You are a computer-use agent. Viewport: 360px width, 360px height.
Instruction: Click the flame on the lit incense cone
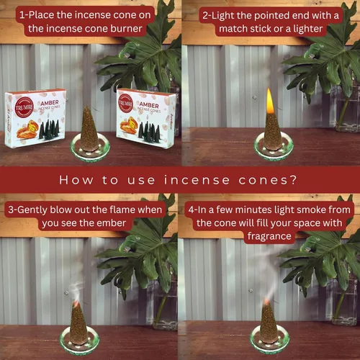click(270, 101)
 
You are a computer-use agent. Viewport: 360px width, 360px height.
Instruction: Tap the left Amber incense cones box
click(35, 118)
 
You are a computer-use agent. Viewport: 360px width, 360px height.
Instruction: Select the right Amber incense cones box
click(146, 118)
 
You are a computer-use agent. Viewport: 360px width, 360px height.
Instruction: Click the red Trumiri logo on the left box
click(24, 107)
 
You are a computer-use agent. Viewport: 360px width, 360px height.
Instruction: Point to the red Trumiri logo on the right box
click(125, 103)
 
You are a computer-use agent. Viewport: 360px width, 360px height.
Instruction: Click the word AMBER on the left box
click(50, 103)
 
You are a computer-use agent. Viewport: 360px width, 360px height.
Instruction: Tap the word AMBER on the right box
click(149, 105)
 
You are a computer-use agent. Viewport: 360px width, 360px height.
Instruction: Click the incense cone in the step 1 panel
click(89, 129)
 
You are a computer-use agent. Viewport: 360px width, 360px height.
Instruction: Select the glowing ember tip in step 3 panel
click(76, 304)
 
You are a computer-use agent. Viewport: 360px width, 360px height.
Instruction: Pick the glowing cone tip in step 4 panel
click(266, 302)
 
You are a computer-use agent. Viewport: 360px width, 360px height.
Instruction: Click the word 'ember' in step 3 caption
click(111, 223)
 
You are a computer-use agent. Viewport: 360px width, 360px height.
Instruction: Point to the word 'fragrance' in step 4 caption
click(269, 237)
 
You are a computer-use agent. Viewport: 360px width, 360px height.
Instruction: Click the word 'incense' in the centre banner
click(197, 180)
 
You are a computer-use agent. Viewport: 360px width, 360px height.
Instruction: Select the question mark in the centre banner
click(293, 180)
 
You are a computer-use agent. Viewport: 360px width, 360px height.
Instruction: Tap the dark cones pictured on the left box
click(49, 129)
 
